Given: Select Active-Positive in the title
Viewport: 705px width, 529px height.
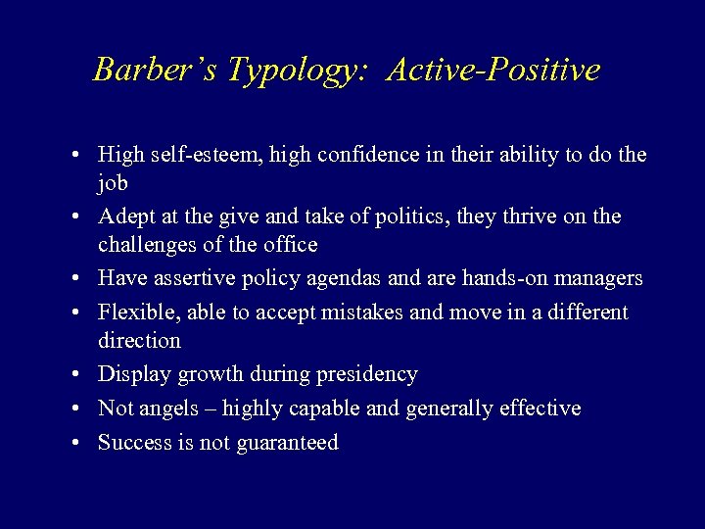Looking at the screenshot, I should pyautogui.click(x=493, y=70).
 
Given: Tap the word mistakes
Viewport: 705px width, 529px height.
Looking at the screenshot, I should pyautogui.click(x=390, y=312).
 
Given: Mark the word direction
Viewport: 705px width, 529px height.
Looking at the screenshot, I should pyautogui.click(x=139, y=341).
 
